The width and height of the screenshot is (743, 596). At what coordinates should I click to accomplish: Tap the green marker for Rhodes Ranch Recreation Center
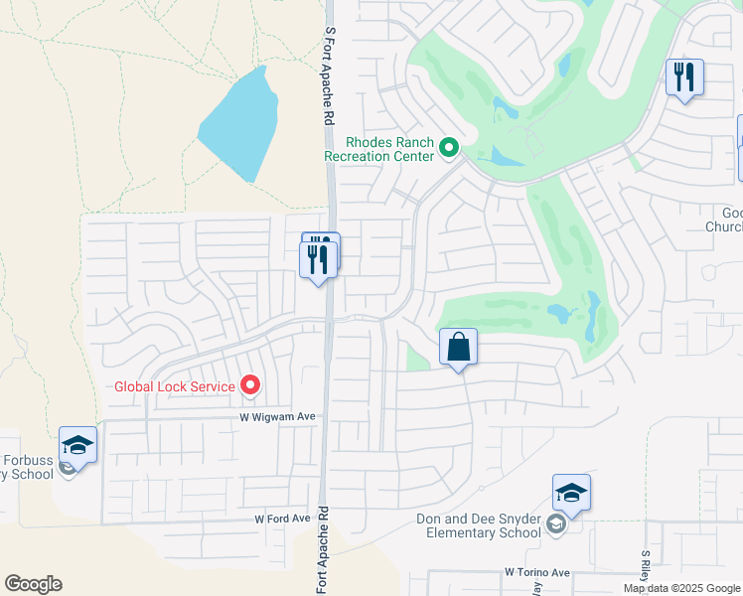(x=449, y=149)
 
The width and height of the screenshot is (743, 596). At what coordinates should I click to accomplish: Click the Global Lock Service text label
(x=175, y=386)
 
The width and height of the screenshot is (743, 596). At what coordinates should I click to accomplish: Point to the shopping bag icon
(x=458, y=348)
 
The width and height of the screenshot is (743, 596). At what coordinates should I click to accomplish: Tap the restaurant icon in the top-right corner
(x=684, y=76)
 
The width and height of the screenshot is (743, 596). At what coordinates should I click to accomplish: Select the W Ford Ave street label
(x=282, y=519)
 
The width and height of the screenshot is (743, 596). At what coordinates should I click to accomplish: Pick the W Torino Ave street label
(x=537, y=572)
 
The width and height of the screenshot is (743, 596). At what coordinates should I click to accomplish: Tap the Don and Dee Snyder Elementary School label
(x=479, y=525)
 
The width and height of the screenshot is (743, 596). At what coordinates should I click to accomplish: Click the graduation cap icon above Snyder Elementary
(x=571, y=493)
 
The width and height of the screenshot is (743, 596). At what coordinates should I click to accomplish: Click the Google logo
(x=33, y=584)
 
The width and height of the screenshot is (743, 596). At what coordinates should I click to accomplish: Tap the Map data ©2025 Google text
(x=680, y=588)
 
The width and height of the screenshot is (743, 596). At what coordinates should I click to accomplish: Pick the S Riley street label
(x=646, y=567)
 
